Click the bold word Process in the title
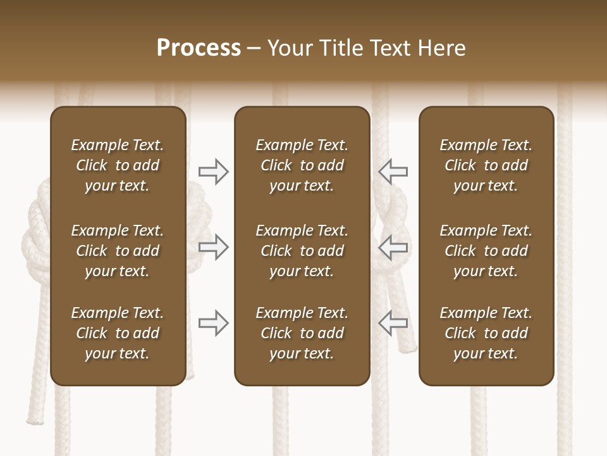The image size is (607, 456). pos(199,48)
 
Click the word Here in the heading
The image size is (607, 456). pos(442,48)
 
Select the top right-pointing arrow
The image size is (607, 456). pos(213,171)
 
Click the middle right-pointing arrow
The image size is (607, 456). pos(213,246)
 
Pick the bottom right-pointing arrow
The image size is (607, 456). pos(213,323)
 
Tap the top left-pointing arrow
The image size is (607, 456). pos(393,171)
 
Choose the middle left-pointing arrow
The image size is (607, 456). pos(393,246)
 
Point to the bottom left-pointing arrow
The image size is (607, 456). pos(393,323)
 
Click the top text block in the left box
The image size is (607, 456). pos(117,165)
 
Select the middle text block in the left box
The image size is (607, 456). pos(117,251)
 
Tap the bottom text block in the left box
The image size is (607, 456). pos(117,333)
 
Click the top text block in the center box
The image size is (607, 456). pos(302,165)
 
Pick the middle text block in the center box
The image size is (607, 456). pos(302,251)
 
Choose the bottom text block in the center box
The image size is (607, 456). pos(302,333)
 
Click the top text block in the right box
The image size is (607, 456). pos(486,165)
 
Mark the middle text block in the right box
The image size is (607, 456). pos(486,251)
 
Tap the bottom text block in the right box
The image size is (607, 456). pos(486,333)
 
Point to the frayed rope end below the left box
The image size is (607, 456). pos(34,415)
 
